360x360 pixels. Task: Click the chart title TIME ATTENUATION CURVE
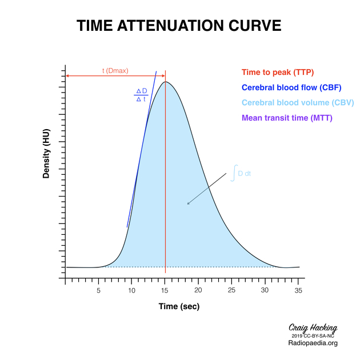179,26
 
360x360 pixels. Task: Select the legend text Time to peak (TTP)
278,73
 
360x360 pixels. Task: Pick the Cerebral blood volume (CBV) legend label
298,103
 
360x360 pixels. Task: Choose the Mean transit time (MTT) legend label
287,118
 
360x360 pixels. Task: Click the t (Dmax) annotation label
115,71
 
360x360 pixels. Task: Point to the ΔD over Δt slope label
141,95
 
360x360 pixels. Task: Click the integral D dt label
241,173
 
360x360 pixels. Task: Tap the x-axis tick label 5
98,290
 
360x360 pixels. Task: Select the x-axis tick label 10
131,290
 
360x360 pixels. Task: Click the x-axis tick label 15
165,290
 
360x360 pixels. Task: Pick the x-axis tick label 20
198,290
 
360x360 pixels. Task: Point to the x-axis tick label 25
231,290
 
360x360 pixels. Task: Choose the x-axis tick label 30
265,290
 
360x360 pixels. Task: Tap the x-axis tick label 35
298,290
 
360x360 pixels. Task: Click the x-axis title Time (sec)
179,307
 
